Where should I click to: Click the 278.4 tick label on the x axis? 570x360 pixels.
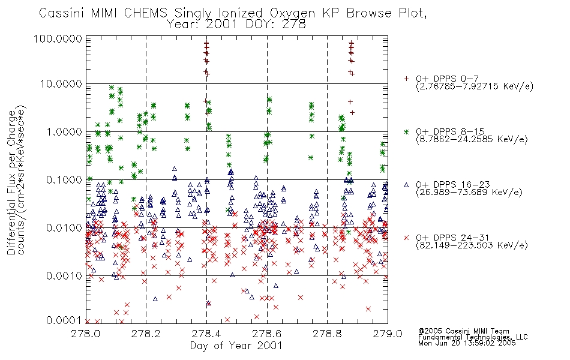click(x=206, y=334)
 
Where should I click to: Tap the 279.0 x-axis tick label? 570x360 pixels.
click(x=388, y=334)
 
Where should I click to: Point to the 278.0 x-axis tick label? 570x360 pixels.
click(x=86, y=334)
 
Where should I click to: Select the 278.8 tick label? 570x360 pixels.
click(x=327, y=334)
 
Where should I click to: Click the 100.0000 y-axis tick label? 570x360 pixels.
click(x=58, y=38)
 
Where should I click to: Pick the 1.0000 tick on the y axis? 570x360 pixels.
click(x=64, y=131)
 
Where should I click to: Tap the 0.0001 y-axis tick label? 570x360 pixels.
click(x=64, y=320)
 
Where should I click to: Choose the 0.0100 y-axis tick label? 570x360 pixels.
click(x=64, y=227)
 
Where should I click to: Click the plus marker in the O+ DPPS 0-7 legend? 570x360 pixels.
click(x=406, y=79)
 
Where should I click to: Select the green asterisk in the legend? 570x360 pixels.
click(x=406, y=131)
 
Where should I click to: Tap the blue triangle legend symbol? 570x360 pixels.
click(x=406, y=185)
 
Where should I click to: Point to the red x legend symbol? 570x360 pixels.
click(x=406, y=238)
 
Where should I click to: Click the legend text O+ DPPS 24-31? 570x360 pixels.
click(x=453, y=238)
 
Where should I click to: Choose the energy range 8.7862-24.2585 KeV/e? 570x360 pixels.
click(x=472, y=139)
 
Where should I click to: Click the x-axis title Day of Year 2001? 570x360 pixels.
click(x=236, y=346)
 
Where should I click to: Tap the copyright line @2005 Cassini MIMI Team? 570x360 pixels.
click(x=463, y=331)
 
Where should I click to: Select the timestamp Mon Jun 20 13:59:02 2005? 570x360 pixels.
click(x=467, y=343)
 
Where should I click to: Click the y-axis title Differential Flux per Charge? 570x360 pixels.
click(x=11, y=182)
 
